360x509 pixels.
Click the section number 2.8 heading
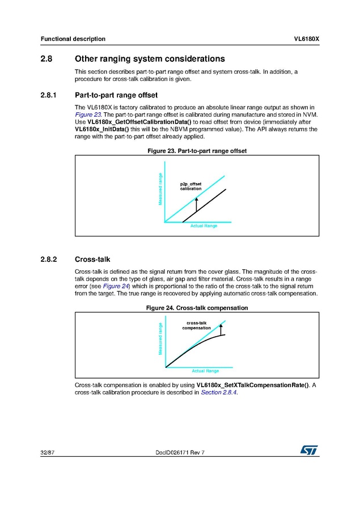46,59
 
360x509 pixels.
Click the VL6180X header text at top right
307,39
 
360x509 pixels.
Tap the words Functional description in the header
73,39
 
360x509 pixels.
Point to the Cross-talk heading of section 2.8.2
92,260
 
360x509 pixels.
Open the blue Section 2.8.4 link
218,392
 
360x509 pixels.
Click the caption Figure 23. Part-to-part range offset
197,151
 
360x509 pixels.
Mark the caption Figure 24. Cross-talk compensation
197,308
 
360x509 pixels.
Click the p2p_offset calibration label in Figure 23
190,186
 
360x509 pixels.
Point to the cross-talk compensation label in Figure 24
196,325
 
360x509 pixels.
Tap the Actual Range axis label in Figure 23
204,226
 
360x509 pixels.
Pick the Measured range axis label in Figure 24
161,339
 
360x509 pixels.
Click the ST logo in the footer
310,449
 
